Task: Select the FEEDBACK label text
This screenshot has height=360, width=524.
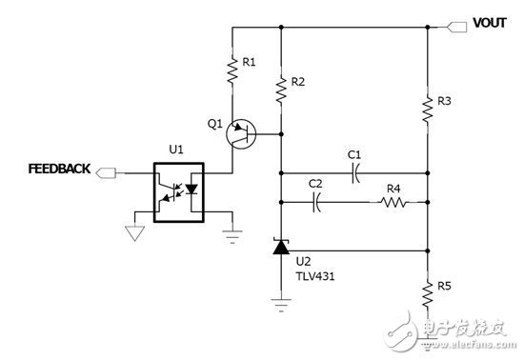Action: [x=58, y=170]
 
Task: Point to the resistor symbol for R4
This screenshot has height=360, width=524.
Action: [x=392, y=201]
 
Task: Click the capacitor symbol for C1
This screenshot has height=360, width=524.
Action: [x=353, y=173]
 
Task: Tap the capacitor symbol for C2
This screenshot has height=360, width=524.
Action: [x=317, y=201]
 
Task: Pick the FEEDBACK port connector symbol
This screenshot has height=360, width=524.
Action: [x=107, y=172]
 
